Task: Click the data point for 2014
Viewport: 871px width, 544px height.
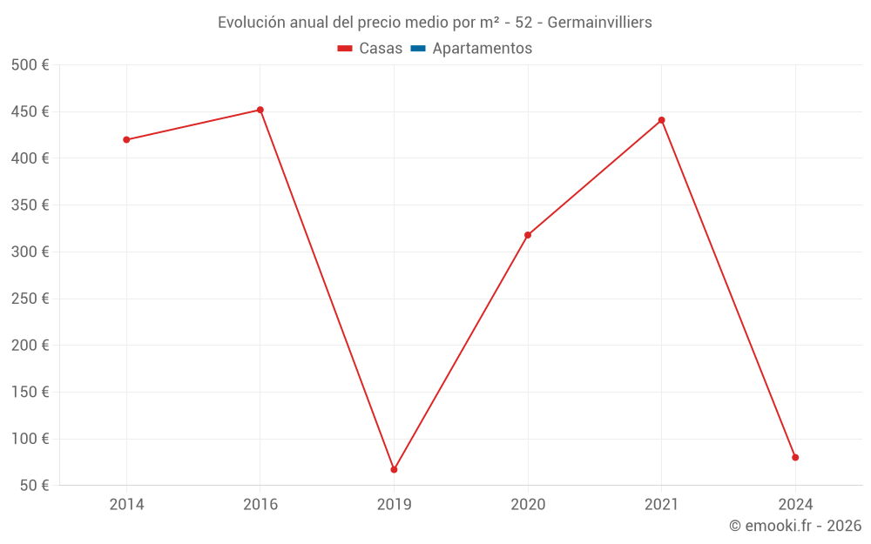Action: pyautogui.click(x=126, y=139)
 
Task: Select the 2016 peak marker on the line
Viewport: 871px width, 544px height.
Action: pyautogui.click(x=260, y=110)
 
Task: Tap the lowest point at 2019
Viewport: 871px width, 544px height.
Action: pyautogui.click(x=394, y=469)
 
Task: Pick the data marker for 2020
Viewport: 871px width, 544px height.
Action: pyautogui.click(x=528, y=235)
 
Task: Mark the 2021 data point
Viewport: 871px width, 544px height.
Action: pyautogui.click(x=662, y=120)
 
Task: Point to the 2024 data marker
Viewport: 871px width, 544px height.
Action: pyautogui.click(x=795, y=457)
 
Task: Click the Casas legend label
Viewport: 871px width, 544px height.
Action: pyautogui.click(x=381, y=49)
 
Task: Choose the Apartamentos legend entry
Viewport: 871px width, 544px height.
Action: pyautogui.click(x=482, y=49)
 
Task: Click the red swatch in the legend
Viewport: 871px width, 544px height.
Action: pyautogui.click(x=345, y=49)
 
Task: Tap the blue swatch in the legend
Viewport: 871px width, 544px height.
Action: pyautogui.click(x=418, y=49)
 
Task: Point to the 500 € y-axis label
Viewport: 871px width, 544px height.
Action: pyautogui.click(x=30, y=65)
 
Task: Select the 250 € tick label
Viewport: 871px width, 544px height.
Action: pyautogui.click(x=30, y=299)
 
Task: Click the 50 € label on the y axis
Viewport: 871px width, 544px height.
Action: pyautogui.click(x=33, y=485)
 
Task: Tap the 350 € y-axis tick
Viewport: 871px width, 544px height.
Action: pyautogui.click(x=30, y=205)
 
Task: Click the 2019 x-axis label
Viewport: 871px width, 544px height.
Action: pyautogui.click(x=394, y=504)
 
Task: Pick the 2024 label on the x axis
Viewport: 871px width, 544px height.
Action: pyautogui.click(x=795, y=504)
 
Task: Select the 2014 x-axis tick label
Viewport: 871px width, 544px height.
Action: pyautogui.click(x=126, y=504)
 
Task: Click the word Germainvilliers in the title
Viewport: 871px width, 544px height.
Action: pyautogui.click(x=599, y=23)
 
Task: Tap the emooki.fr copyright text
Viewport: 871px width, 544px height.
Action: pyautogui.click(x=795, y=526)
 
